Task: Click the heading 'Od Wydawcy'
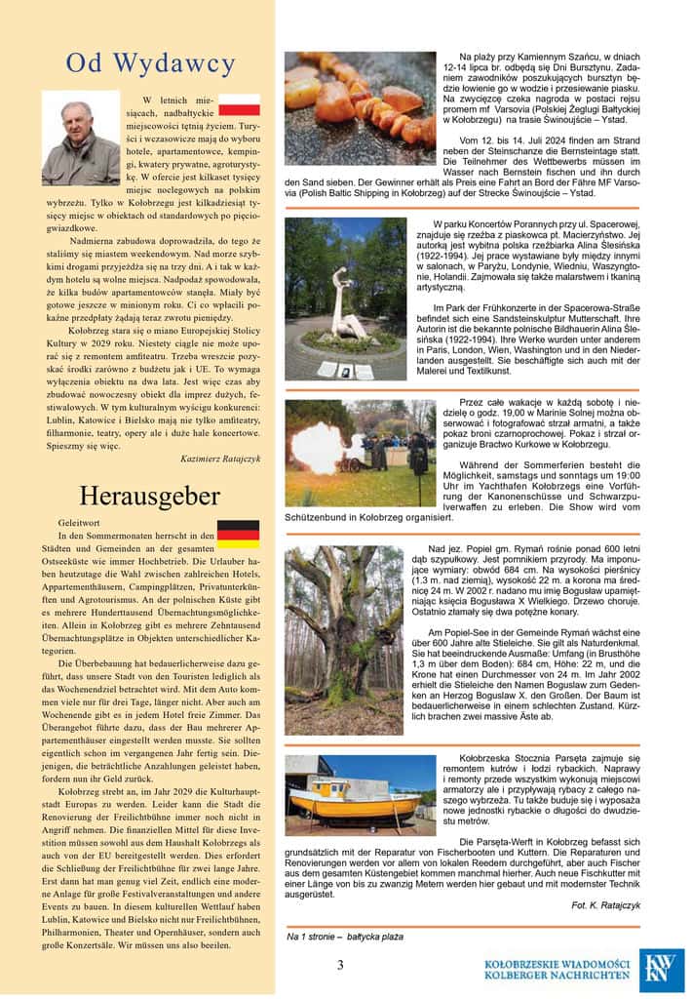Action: pos(150,64)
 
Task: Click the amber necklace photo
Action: pos(360,101)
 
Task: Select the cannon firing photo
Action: pos(346,453)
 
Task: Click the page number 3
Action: pos(340,965)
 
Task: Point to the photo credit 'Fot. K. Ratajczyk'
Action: pos(605,904)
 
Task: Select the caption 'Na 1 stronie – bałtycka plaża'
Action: pos(345,937)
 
